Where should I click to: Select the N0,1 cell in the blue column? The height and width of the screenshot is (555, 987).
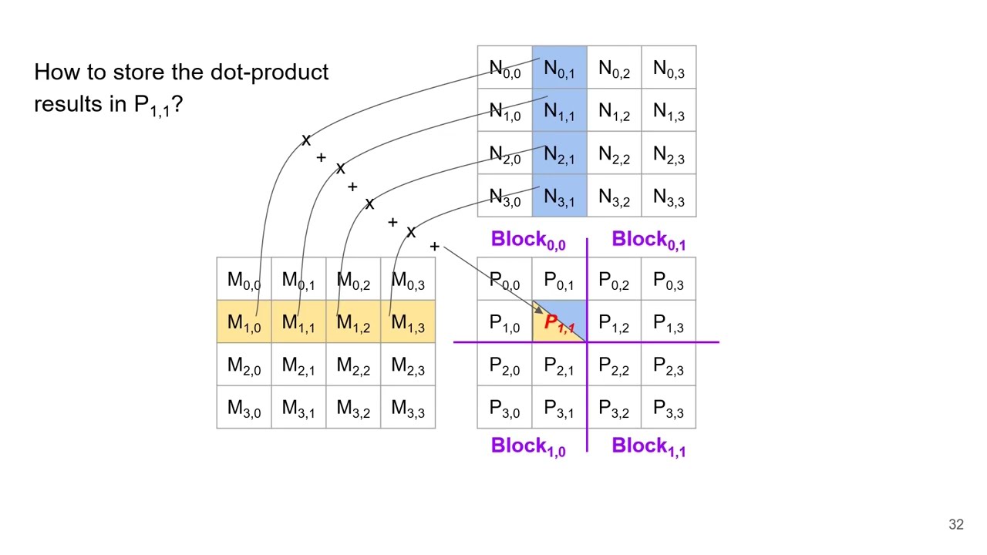coord(559,69)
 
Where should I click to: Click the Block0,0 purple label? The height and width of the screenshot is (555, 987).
coord(528,240)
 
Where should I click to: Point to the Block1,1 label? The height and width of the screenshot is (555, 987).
coord(648,446)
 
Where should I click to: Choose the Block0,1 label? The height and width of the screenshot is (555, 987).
coord(648,240)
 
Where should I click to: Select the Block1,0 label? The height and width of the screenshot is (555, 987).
coord(528,446)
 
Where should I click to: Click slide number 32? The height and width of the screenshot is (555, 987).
coord(956,524)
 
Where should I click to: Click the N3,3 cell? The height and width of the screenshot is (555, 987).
coord(669,197)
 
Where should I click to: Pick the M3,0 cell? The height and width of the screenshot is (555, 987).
coord(244,408)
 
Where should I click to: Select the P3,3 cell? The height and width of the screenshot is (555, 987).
coord(669,408)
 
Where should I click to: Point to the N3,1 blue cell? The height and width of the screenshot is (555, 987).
coord(559,197)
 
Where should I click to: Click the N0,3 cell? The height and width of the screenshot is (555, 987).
coord(669,69)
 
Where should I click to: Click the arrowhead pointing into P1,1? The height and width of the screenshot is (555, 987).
coord(540,309)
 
